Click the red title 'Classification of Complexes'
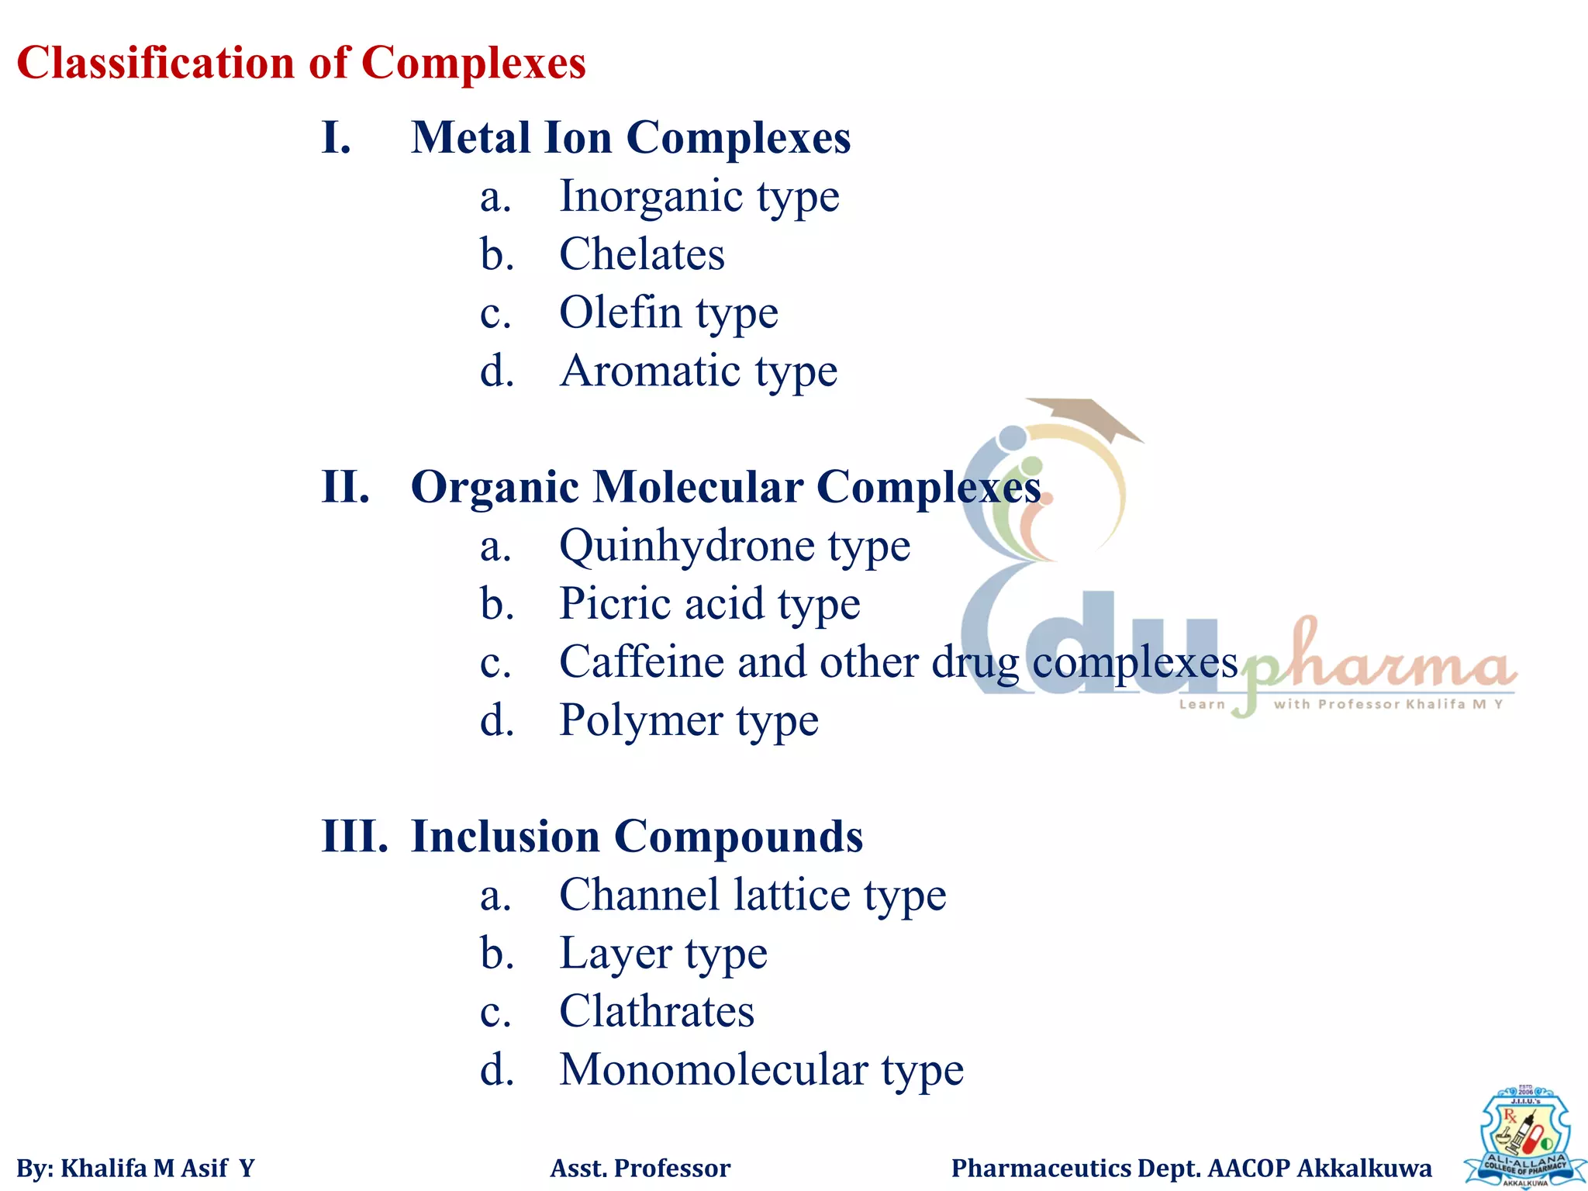coord(301,63)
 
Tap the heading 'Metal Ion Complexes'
coord(630,138)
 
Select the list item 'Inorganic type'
coord(699,196)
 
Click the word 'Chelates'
coord(642,254)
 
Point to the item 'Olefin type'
coord(668,312)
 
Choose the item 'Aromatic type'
coord(698,371)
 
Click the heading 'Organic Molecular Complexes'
coord(725,487)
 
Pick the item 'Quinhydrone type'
coord(734,546)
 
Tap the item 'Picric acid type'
coord(709,604)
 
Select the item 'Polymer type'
coord(689,720)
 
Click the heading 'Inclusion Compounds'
coord(637,837)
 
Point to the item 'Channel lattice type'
coord(752,895)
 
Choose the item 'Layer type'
coord(663,953)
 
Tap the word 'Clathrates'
coord(657,1011)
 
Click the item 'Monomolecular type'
coord(761,1070)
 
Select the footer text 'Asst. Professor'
coord(640,1168)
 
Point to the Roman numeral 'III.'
coord(354,837)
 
